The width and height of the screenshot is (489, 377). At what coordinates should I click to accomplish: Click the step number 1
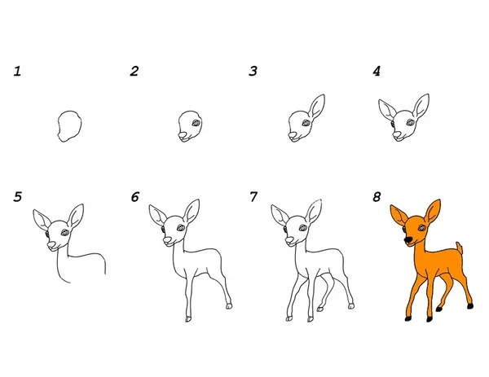[17, 72]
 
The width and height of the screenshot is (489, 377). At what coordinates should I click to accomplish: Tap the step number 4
[377, 72]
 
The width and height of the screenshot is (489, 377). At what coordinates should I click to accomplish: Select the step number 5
[18, 197]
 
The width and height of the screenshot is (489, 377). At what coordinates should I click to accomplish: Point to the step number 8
[377, 197]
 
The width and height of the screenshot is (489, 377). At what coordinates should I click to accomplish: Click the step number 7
[253, 197]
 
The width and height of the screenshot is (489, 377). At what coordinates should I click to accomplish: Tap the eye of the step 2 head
[196, 123]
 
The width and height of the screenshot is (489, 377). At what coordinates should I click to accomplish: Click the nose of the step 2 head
[183, 135]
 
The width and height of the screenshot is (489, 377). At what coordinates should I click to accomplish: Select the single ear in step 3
[316, 106]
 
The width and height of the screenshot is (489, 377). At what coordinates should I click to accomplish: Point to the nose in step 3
[293, 134]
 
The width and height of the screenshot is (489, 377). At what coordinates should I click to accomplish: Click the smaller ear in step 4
[386, 109]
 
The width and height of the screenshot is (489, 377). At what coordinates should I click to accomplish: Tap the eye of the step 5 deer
[65, 232]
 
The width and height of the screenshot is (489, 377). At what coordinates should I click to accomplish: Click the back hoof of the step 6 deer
[229, 306]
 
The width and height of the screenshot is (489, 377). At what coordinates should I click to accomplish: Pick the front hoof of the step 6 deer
[188, 319]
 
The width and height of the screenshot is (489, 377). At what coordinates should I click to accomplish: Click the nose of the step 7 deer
[289, 239]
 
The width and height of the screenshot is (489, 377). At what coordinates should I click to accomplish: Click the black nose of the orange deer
[408, 239]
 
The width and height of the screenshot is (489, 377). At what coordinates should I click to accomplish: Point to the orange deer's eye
[422, 228]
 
